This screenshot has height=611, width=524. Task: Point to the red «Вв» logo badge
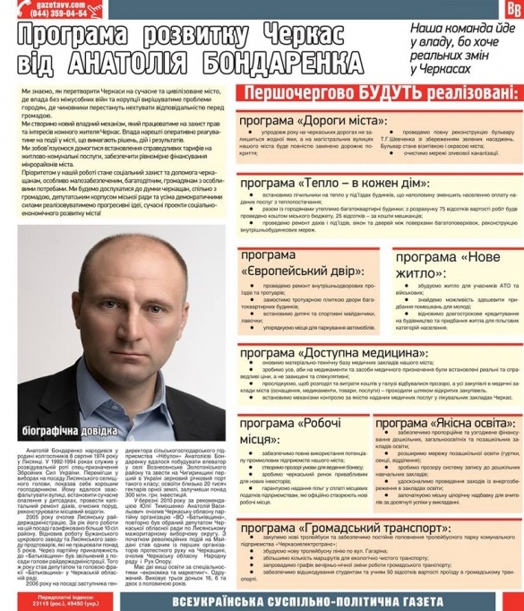[x=513, y=8]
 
